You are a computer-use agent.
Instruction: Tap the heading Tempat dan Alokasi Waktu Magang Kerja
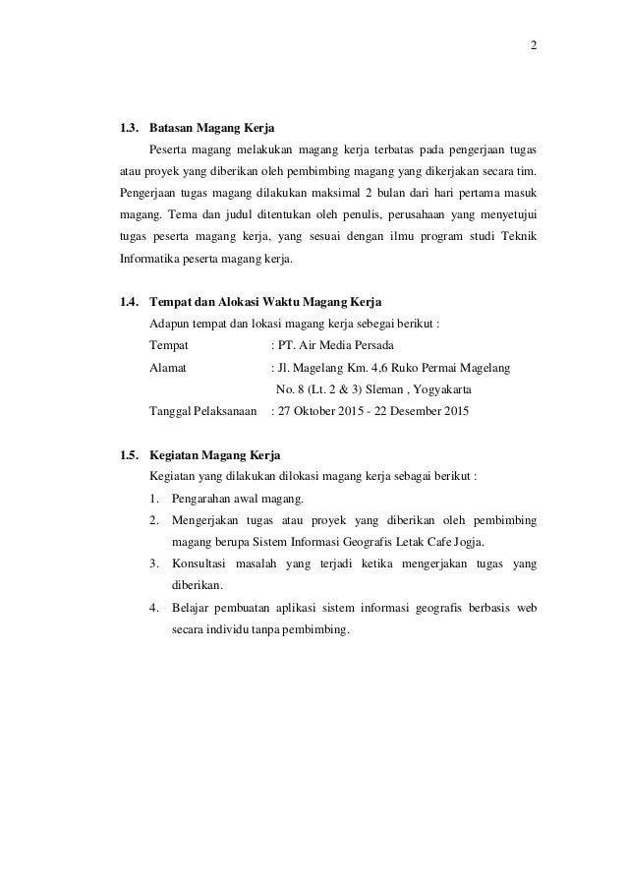tap(264, 300)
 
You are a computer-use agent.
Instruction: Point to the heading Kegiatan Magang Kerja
tap(214, 455)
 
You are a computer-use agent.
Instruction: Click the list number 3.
tap(155, 563)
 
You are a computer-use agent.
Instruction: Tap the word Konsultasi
tap(202, 563)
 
